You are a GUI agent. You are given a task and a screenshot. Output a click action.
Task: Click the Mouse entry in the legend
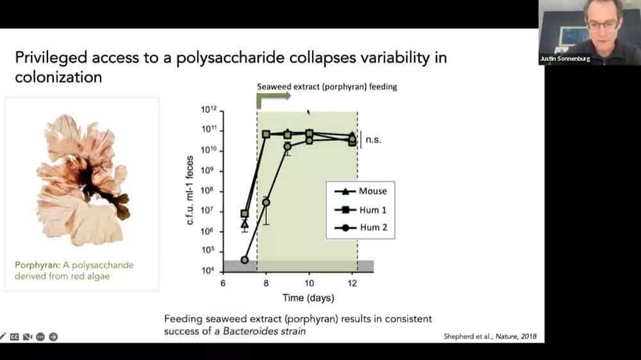[x=360, y=192]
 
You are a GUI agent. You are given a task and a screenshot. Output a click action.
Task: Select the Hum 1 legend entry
[x=360, y=210]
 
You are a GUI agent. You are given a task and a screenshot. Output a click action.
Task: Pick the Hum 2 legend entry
[x=360, y=227]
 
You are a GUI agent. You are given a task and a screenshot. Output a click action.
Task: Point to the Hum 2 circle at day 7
[x=244, y=260]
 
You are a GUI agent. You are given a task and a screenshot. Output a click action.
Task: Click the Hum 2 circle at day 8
[x=266, y=202]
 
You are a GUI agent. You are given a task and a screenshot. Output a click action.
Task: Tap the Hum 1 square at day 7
[x=244, y=214]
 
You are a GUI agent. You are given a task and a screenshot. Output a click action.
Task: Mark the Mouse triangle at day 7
[x=244, y=224]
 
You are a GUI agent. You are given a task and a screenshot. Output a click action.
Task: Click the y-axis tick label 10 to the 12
[x=208, y=109]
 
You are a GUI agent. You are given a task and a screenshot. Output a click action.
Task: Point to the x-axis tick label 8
[x=266, y=283]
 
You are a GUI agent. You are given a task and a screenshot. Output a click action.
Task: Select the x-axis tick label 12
[x=353, y=283]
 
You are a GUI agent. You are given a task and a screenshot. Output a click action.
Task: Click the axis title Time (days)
[x=308, y=298]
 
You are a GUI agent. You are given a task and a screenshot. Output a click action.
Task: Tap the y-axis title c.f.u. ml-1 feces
[x=190, y=190]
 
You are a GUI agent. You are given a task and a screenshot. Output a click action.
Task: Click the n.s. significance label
[x=373, y=140]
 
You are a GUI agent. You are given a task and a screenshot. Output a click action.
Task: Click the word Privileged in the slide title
[x=51, y=58]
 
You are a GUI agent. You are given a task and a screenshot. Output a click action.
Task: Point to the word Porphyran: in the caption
[x=37, y=265]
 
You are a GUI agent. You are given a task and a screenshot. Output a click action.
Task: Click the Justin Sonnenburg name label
[x=565, y=59]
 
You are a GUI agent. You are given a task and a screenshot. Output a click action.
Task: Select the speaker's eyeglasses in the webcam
[x=603, y=25]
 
